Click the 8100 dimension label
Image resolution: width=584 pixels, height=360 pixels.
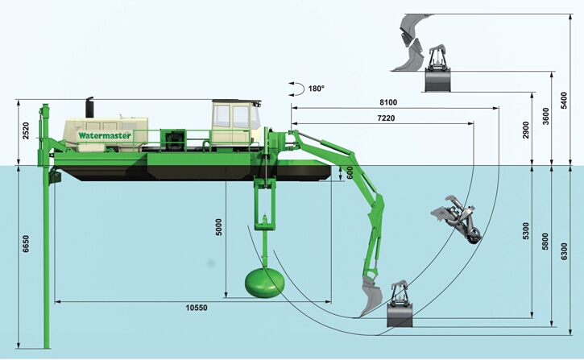pos(387,103)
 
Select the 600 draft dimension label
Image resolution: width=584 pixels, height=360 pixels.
pos(349,172)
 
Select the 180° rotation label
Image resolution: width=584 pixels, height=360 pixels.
pos(315,89)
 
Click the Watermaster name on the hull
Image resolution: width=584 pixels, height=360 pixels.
pos(105,135)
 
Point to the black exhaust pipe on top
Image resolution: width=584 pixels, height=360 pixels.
pos(89,106)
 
